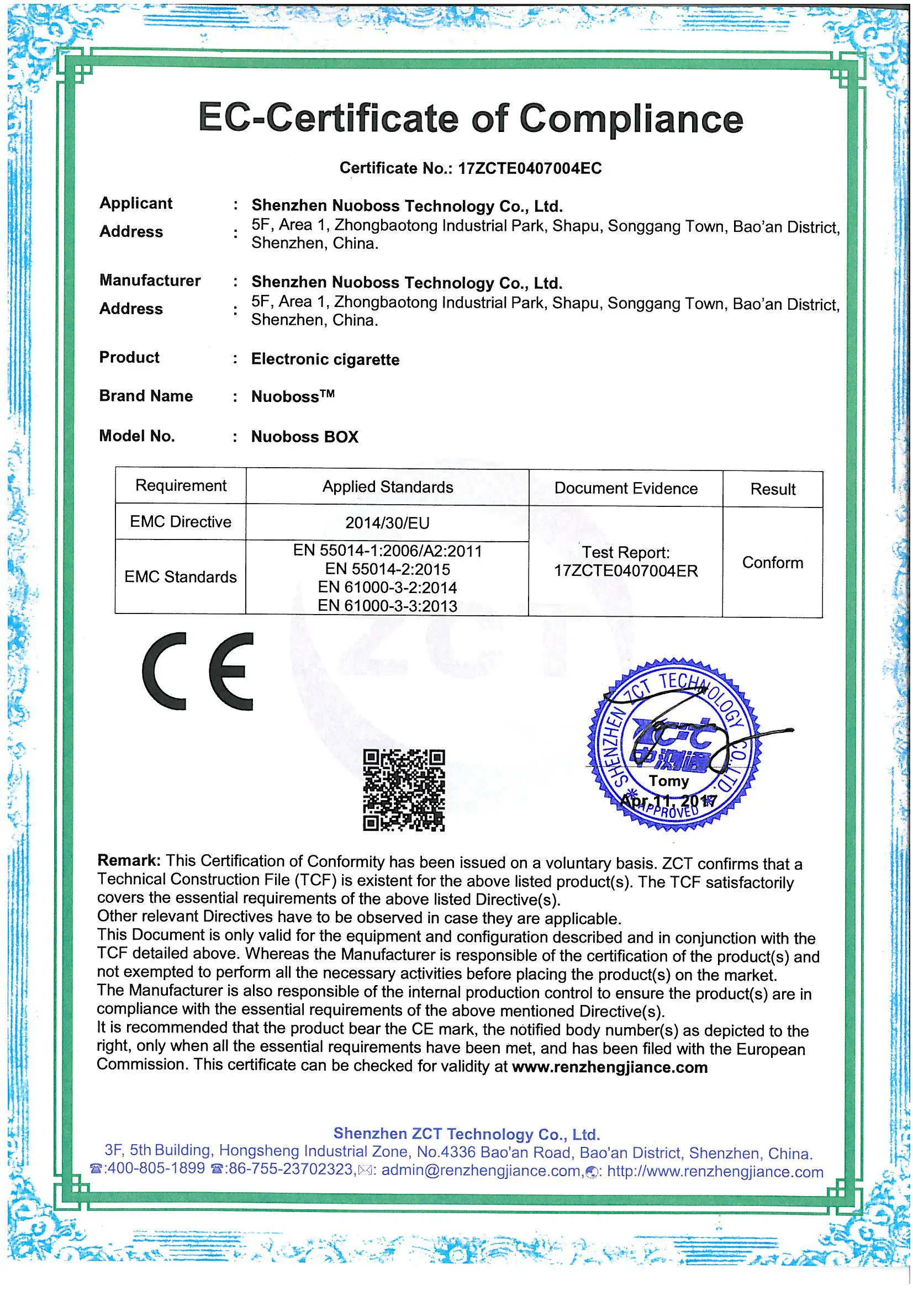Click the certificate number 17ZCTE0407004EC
[x=529, y=168]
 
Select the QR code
[x=403, y=790]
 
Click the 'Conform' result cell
[x=772, y=563]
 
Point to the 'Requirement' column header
[x=181, y=486]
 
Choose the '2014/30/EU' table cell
[x=387, y=523]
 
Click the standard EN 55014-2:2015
[x=387, y=569]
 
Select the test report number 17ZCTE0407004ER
[x=626, y=572]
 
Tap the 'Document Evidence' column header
[x=626, y=488]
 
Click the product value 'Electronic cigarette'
[x=325, y=359]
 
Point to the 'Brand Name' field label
[x=146, y=396]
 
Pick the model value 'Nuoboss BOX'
[x=304, y=437]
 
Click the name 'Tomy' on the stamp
[x=668, y=781]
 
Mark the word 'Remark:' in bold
[x=129, y=860]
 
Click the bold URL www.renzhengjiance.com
[x=610, y=1067]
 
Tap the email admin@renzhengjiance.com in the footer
[x=481, y=1170]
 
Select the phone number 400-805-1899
[x=155, y=1168]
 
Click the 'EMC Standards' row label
[x=181, y=577]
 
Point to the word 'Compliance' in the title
[x=631, y=119]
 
